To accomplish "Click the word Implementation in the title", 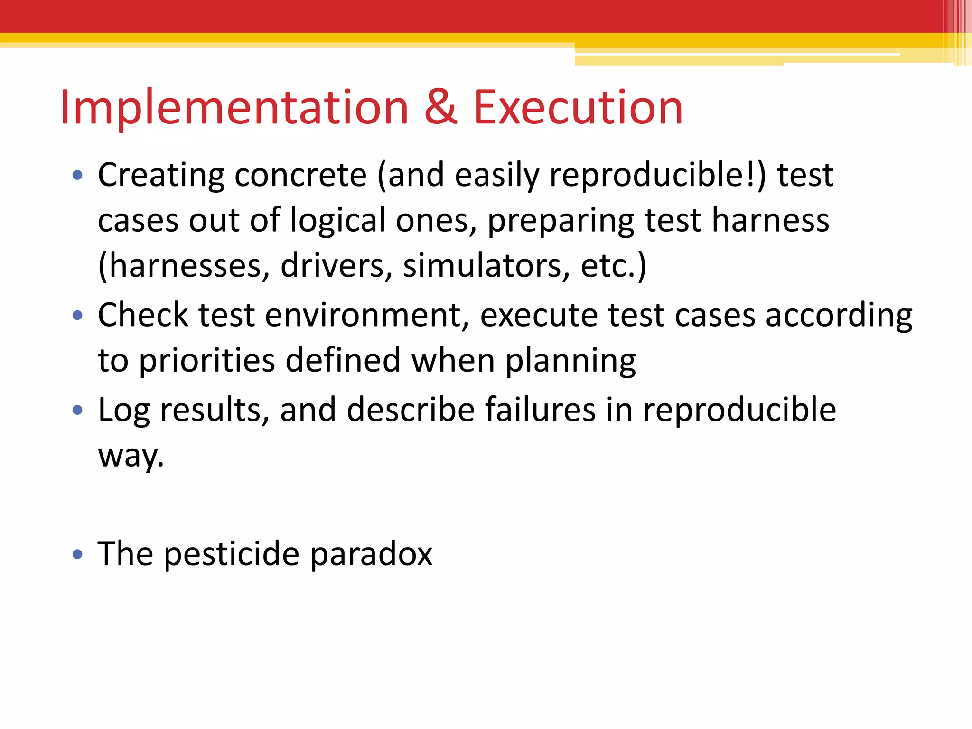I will point(234,108).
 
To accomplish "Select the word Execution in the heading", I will point(578,108).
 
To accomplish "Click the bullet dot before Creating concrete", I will point(77,176).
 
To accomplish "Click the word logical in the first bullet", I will point(338,221).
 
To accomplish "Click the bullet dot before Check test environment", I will point(77,316).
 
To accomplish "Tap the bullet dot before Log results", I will point(77,410).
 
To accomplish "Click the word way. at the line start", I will point(131,456).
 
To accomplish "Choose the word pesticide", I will point(232,554).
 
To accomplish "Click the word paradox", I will point(371,554).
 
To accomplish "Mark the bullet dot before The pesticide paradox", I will point(77,554).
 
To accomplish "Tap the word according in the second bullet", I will point(839,316).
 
